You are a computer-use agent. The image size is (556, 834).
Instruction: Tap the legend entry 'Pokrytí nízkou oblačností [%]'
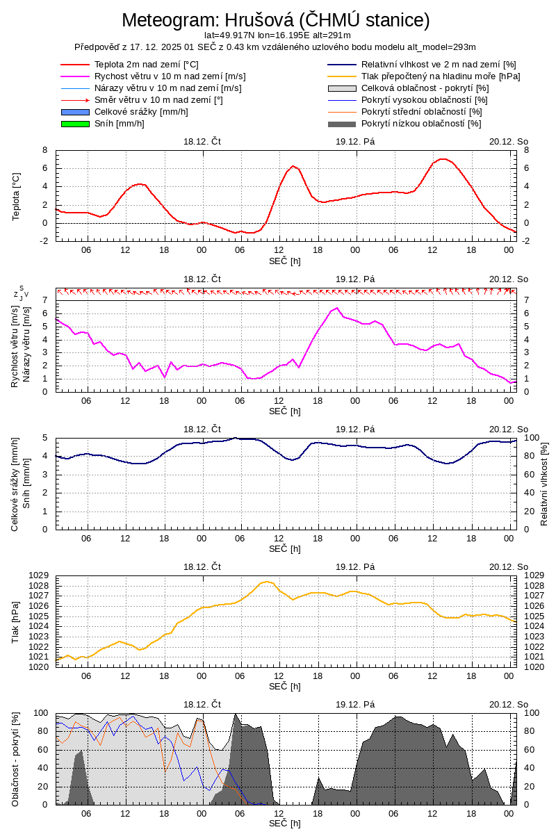421,124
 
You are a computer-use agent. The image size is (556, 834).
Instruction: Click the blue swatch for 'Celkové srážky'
76,112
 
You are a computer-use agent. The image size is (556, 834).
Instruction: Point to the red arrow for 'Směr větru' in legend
76,100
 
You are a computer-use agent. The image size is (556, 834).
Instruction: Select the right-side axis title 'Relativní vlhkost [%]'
544,484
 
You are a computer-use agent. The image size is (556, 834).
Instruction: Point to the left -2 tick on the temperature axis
44,241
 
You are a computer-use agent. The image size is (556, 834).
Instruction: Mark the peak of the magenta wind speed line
337,308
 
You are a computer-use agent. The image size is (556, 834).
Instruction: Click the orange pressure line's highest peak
267,582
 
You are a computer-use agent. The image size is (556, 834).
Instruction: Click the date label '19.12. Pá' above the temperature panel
355,141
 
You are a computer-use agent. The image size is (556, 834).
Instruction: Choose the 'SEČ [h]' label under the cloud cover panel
285,824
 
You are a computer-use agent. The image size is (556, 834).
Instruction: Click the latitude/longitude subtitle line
277,35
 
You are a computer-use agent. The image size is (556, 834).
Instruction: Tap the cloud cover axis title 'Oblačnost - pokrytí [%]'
16,759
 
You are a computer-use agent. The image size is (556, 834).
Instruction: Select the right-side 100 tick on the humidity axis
532,438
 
